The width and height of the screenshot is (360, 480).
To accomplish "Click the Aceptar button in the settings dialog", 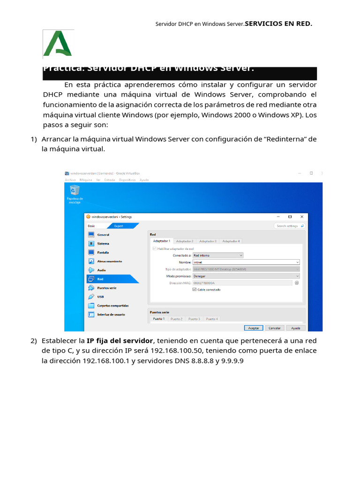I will (253, 328).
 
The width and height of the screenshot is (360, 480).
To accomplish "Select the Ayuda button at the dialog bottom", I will (296, 328).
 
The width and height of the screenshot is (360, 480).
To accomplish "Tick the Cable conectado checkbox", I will (195, 290).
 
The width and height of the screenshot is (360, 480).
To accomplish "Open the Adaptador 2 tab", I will (185, 241).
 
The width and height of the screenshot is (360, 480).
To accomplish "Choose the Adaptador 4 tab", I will (231, 241).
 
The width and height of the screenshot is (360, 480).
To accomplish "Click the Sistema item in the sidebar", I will (103, 244).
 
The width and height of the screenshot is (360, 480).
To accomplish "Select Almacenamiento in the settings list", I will (109, 261).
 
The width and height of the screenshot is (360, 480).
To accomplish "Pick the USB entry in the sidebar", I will (100, 297).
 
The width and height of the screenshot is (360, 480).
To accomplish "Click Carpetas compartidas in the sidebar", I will (112, 306).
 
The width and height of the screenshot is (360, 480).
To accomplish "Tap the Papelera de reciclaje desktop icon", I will (74, 190).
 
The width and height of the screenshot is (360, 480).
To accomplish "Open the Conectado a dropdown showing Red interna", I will (218, 255).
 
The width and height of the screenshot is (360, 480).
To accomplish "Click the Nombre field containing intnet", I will (246, 262).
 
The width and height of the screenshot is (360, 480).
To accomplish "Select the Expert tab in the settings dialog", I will (119, 225).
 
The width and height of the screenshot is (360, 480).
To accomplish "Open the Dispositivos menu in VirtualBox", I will (127, 180).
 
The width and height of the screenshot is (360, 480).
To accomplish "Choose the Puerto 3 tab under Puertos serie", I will (194, 319).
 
